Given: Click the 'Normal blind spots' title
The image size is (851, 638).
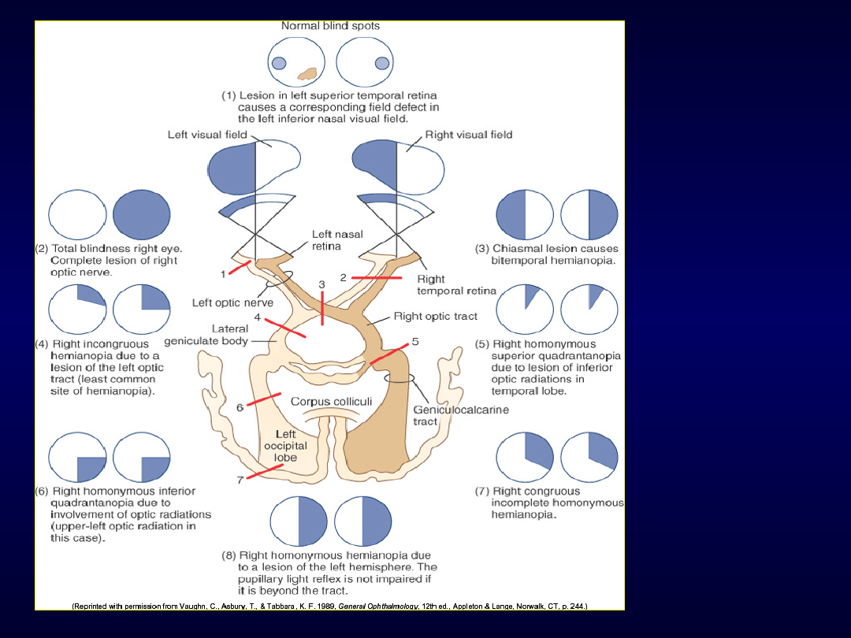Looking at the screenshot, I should [330, 26].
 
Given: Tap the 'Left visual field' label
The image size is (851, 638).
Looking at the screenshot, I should [207, 135].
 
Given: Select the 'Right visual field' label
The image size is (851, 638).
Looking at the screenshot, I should [469, 135].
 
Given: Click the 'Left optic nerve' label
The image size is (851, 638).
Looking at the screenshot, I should [232, 302].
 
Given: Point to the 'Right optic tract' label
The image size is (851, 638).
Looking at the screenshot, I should [435, 317].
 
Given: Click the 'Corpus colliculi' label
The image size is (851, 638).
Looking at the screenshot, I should [331, 402].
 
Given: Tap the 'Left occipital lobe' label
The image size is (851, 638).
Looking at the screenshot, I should [285, 445].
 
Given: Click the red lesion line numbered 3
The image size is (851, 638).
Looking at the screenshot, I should [322, 307].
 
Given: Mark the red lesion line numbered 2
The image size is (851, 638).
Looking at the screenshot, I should [377, 278].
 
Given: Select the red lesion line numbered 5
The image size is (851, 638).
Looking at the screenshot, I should [389, 353].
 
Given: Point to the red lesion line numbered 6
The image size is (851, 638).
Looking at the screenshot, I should [263, 400].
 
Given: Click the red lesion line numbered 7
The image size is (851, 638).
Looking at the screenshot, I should [264, 471].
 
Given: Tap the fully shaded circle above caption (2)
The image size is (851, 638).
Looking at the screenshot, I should [141, 216].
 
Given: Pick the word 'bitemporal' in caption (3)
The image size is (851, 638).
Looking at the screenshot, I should [518, 260].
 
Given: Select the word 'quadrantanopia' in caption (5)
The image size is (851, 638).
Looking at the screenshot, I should [575, 356].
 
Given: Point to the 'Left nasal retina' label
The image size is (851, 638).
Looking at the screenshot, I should [337, 240].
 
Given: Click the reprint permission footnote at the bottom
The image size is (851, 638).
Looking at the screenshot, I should [329, 606].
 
